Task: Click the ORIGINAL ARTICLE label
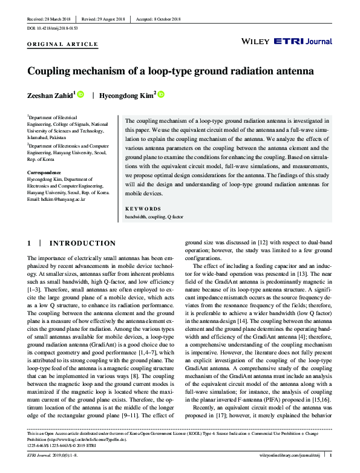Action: (62, 45)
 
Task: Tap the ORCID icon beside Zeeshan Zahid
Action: (80, 94)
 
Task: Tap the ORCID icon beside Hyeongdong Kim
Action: (161, 94)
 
